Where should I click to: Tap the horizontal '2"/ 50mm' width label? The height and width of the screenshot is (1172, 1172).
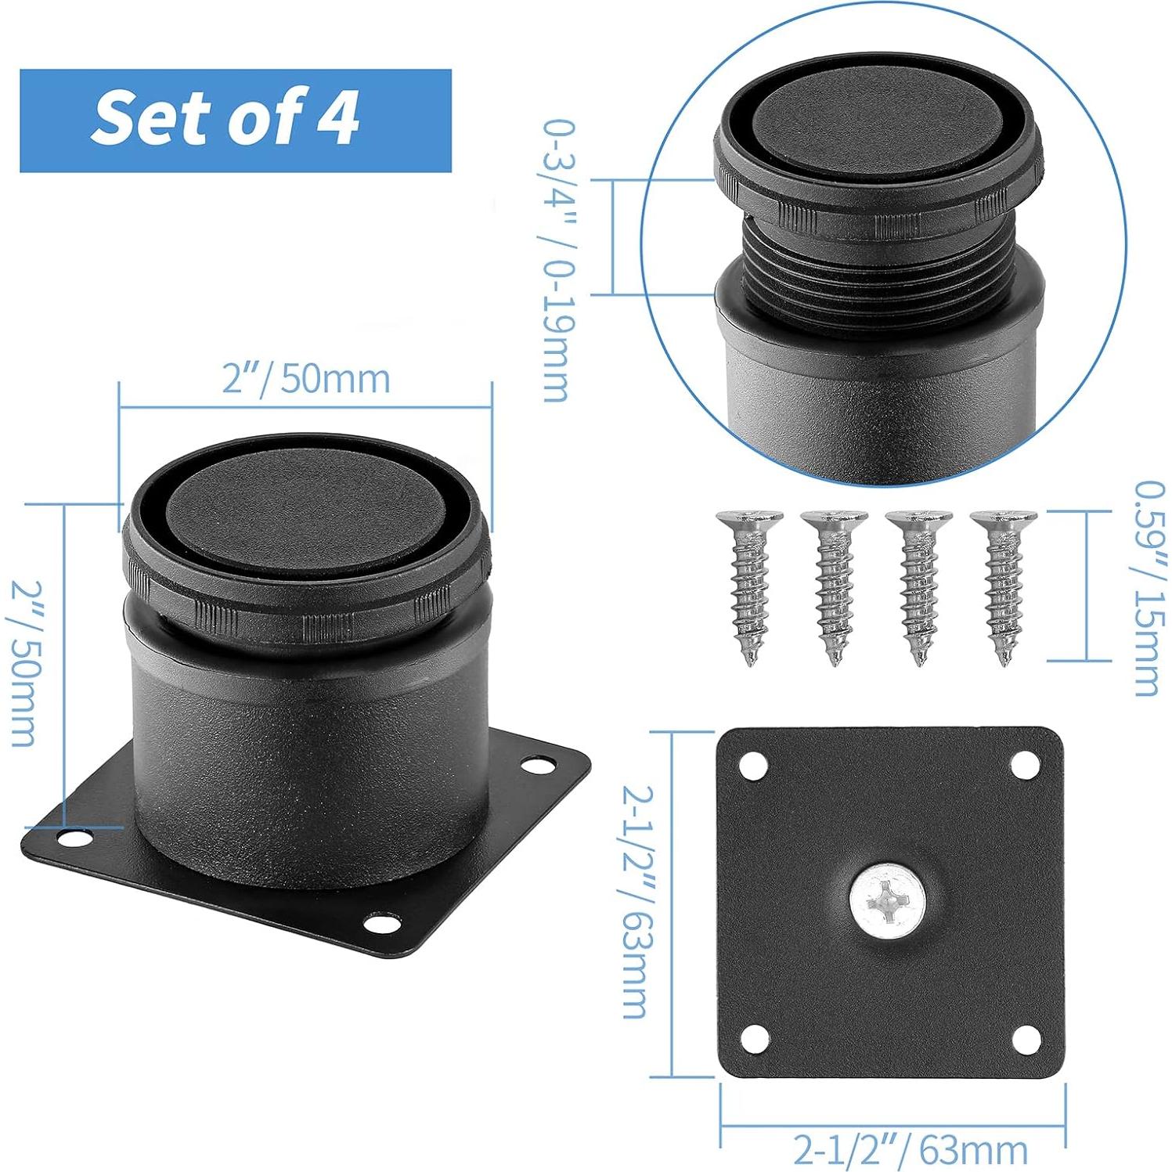305,379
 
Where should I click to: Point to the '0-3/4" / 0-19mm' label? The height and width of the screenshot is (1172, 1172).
558,261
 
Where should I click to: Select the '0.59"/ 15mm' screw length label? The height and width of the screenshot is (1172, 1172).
1149,588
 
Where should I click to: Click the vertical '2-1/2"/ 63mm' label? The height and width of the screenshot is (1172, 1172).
636,901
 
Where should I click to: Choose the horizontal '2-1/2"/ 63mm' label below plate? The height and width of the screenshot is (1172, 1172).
910,1149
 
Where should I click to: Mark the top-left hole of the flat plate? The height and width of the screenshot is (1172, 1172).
753,765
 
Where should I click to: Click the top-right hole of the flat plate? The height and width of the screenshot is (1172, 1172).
1025,765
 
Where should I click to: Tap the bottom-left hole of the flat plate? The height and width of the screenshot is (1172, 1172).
754,1039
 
